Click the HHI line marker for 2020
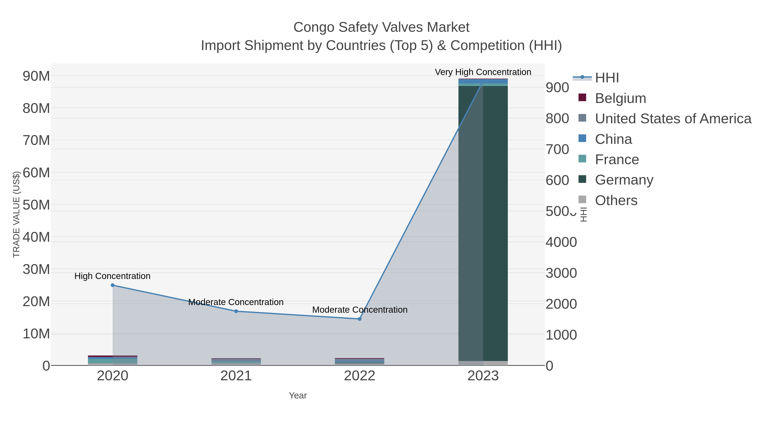click(x=113, y=285)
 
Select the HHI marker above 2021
click(x=236, y=311)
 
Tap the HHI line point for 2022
click(x=360, y=319)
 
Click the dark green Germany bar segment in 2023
click(x=495, y=222)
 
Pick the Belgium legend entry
click(x=620, y=98)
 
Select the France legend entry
click(x=617, y=159)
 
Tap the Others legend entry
click(x=616, y=200)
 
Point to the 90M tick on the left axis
click(x=36, y=76)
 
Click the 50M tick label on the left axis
click(x=36, y=205)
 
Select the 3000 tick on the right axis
click(x=561, y=273)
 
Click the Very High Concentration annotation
click(x=483, y=72)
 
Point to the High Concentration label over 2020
click(x=112, y=276)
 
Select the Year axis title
click(x=298, y=396)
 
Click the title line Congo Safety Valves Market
click(x=381, y=27)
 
